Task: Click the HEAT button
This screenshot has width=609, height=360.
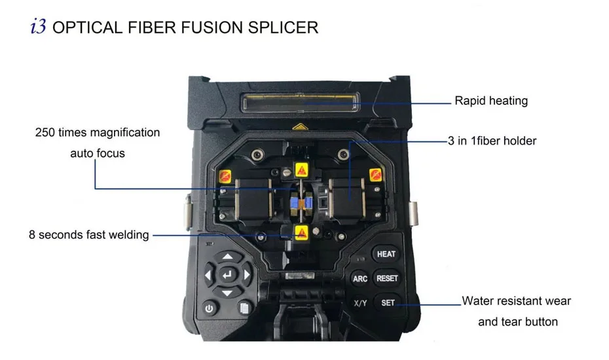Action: pos(386,254)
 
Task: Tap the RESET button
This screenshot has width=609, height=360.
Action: pos(387,278)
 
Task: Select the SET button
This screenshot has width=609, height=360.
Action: pos(388,303)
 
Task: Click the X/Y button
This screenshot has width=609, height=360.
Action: pos(360,303)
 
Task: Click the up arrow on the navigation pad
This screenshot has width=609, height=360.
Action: pos(227,257)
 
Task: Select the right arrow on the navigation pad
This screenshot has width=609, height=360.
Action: pos(247,276)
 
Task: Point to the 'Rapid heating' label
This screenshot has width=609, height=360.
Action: pos(490,101)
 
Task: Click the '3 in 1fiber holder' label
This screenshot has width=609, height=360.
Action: pos(492,141)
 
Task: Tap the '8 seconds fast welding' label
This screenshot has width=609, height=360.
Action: pos(89,234)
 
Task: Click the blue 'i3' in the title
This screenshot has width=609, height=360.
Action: pos(38,27)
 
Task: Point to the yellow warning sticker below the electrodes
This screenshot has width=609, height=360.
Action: pos(301,232)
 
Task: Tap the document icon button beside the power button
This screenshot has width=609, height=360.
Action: pos(244,308)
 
